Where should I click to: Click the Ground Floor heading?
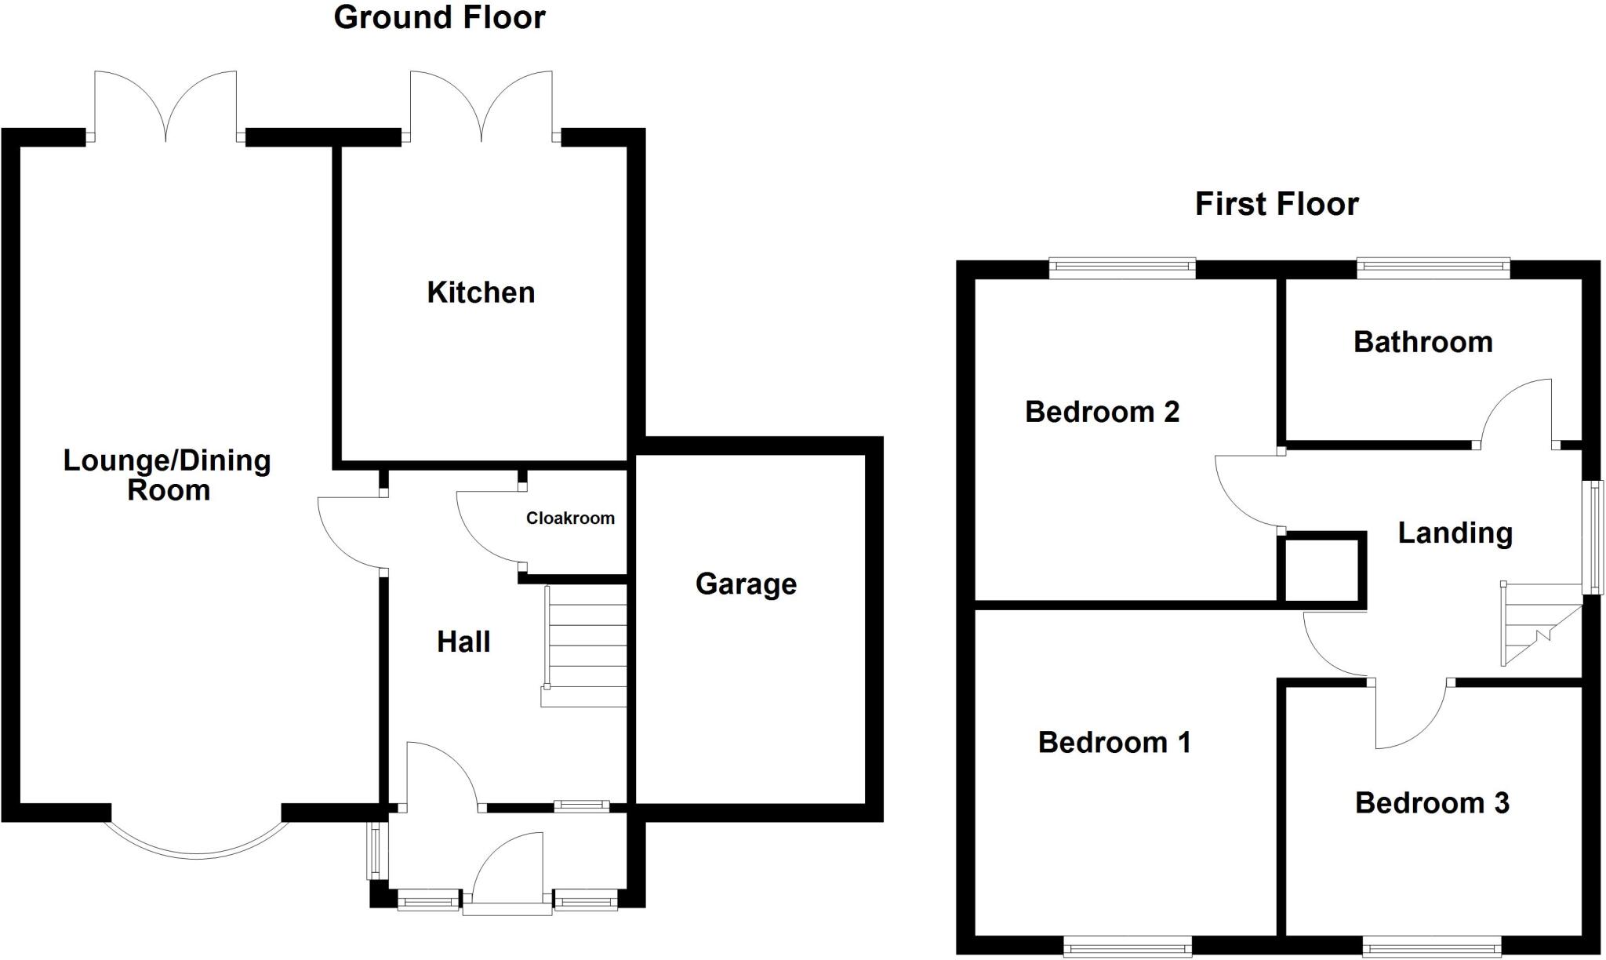click(439, 18)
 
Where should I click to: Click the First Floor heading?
click(1276, 205)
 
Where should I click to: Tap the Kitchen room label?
click(481, 293)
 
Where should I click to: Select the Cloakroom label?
click(570, 518)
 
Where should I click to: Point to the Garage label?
click(746, 584)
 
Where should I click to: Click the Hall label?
click(463, 642)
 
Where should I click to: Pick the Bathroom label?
click(1423, 343)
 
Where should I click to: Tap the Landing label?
click(1455, 533)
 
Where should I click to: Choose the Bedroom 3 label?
click(1432, 803)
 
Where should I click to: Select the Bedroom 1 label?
click(1114, 743)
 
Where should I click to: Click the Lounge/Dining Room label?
click(167, 475)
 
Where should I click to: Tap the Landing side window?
click(1595, 537)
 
